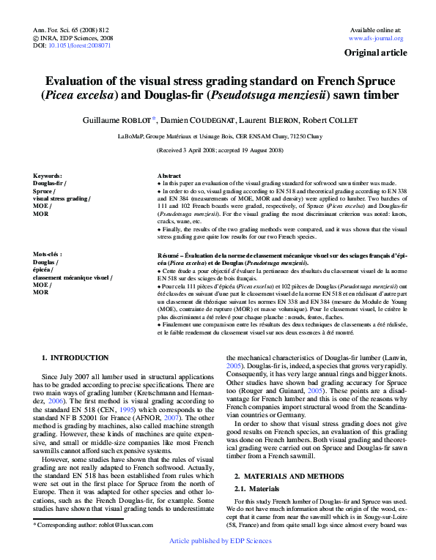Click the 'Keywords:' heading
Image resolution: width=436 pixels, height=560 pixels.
coord(48,176)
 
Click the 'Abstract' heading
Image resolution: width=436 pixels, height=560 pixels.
coord(169,176)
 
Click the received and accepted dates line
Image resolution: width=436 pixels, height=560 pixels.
coord(219,150)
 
